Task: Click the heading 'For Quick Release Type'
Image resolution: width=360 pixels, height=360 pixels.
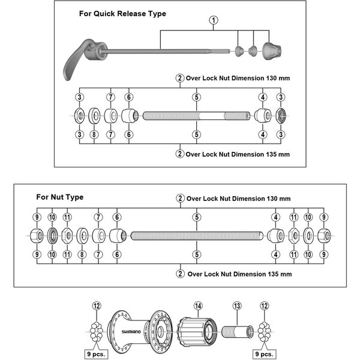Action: [122, 13]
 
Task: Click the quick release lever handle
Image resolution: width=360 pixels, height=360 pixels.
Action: [76, 61]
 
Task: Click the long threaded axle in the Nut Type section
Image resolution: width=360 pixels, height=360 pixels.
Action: [196, 236]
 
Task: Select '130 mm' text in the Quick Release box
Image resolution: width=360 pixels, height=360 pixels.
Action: [278, 77]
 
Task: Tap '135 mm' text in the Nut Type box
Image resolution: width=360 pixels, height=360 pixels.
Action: [280, 274]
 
